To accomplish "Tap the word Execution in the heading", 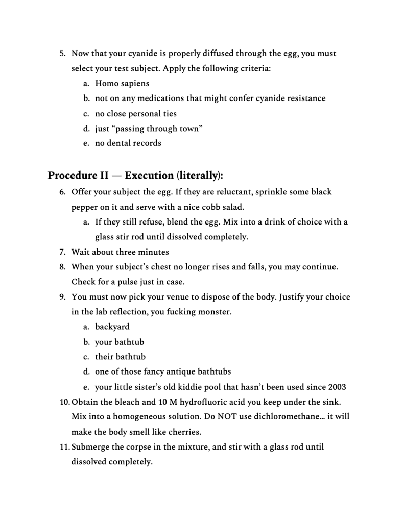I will (149, 176).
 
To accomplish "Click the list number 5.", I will (62, 54).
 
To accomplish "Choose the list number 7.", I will (62, 252).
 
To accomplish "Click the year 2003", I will (336, 387).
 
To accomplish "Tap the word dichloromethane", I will (280, 416).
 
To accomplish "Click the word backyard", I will (112, 327).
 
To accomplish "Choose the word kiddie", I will (204, 387).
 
